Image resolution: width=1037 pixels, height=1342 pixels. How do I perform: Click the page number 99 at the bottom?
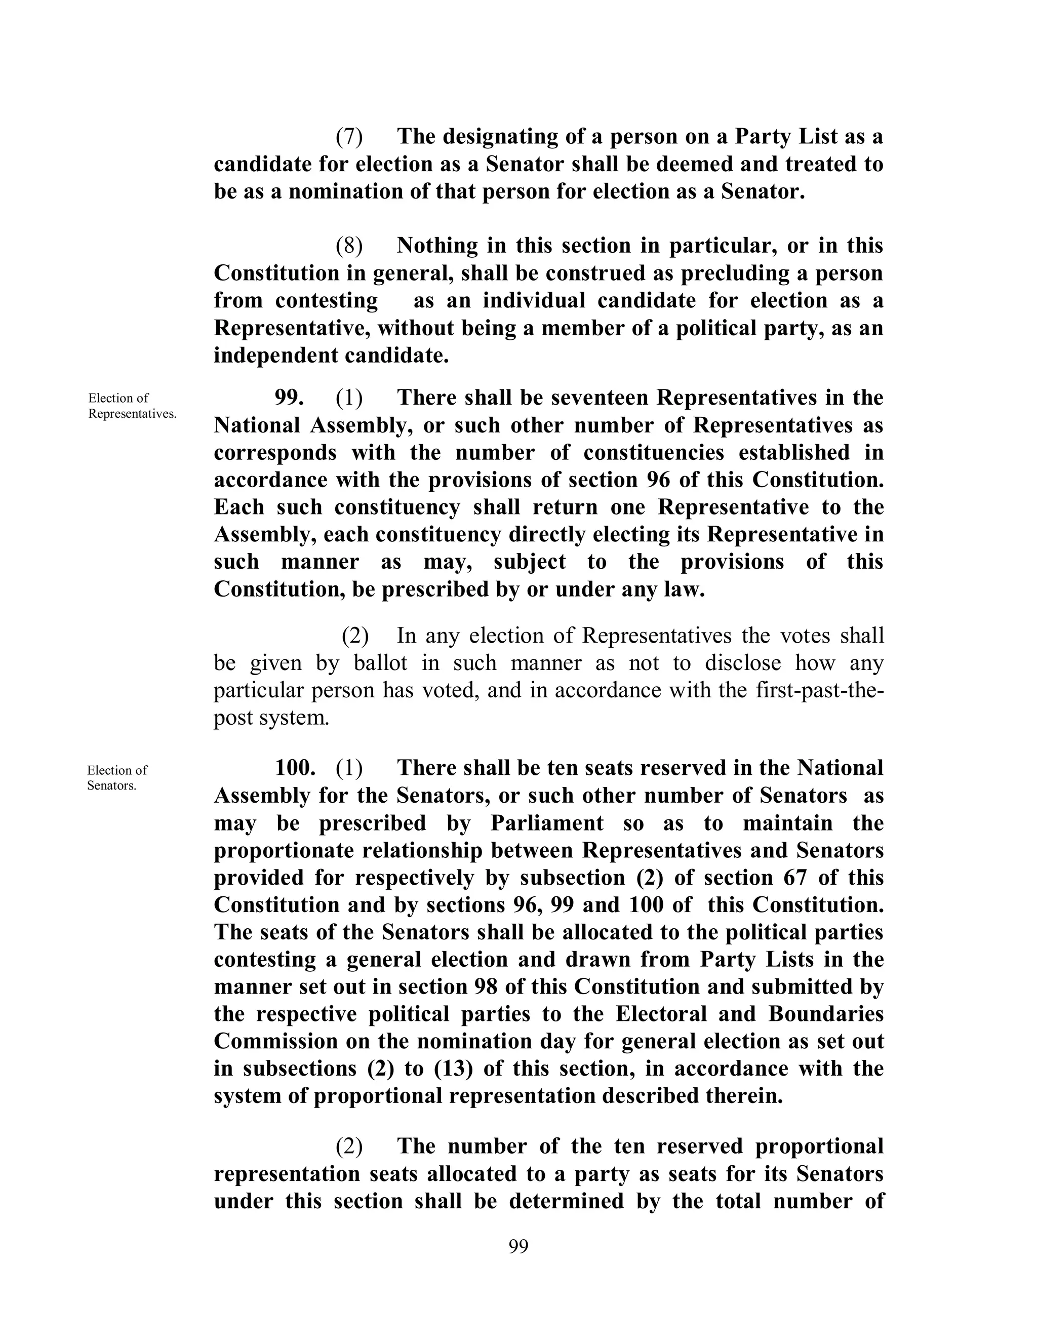(518, 1246)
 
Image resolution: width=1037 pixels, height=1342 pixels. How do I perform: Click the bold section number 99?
(289, 398)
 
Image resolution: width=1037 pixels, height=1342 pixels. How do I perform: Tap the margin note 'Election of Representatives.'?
(132, 406)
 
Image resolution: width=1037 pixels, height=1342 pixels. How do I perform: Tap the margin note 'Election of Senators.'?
(117, 778)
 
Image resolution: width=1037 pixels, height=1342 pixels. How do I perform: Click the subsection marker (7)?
(349, 136)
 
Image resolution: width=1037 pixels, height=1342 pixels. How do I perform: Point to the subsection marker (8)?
(349, 246)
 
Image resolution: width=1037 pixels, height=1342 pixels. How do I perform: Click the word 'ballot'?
(380, 663)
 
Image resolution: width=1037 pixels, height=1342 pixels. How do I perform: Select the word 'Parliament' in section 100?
(547, 823)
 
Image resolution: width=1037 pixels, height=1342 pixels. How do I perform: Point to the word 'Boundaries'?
(825, 1013)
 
